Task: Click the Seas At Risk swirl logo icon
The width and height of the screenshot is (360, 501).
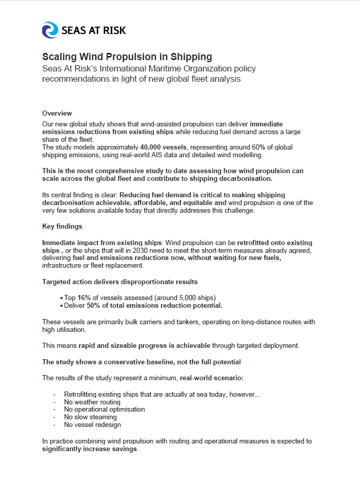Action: pyautogui.click(x=50, y=30)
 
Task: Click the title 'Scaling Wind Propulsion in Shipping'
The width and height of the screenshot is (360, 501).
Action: pyautogui.click(x=127, y=57)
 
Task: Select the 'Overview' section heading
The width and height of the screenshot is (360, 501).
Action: pyautogui.click(x=57, y=113)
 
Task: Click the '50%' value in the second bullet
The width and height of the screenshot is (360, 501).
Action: pyautogui.click(x=93, y=305)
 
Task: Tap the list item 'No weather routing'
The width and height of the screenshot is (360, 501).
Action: pyautogui.click(x=92, y=402)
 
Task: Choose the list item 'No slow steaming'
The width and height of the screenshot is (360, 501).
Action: pyautogui.click(x=90, y=417)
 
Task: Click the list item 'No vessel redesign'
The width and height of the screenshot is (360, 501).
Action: pyautogui.click(x=92, y=425)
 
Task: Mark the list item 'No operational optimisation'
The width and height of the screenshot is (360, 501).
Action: pyautogui.click(x=104, y=410)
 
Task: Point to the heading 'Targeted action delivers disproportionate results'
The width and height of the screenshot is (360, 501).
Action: pyautogui.click(x=120, y=282)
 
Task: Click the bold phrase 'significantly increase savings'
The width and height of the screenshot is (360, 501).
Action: pyautogui.click(x=89, y=449)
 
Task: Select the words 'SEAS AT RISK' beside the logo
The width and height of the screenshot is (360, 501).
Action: pyautogui.click(x=93, y=30)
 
